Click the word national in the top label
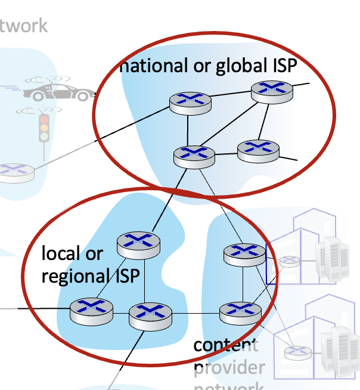(x=153, y=66)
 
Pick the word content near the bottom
(x=225, y=345)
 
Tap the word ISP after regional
(x=126, y=276)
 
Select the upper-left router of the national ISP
(x=187, y=103)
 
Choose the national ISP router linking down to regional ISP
(x=194, y=155)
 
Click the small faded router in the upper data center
(x=290, y=261)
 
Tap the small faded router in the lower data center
(x=294, y=352)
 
